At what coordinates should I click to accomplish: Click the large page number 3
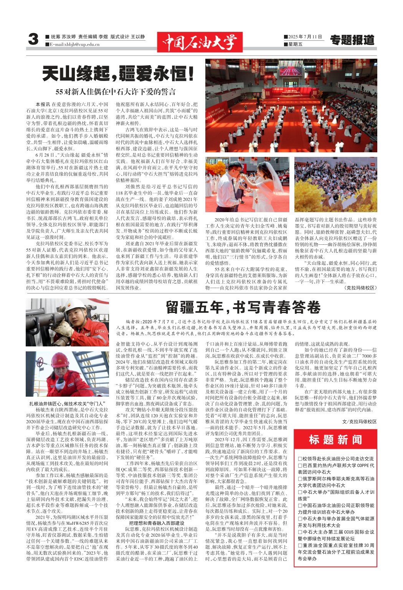pyautogui.click(x=33, y=40)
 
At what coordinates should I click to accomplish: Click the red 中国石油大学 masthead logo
pyautogui.click(x=200, y=41)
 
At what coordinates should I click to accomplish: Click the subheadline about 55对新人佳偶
pyautogui.click(x=116, y=92)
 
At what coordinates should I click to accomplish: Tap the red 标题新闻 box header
pyautogui.click(x=335, y=440)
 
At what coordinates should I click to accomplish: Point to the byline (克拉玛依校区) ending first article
pyautogui.click(x=360, y=287)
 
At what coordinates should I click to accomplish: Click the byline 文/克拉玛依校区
pyautogui.click(x=359, y=422)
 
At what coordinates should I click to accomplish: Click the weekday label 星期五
pyautogui.click(x=295, y=44)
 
